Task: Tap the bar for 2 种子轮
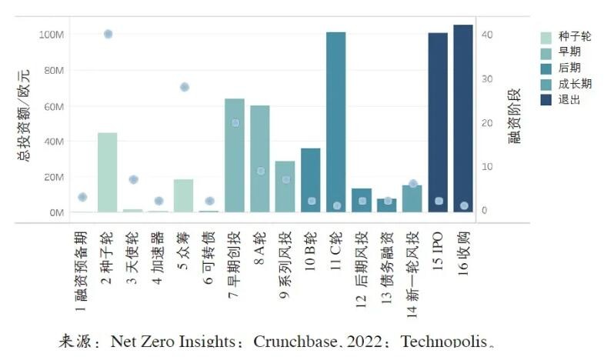(x=108, y=172)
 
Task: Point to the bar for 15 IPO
(x=438, y=122)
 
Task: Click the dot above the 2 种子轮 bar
(x=108, y=34)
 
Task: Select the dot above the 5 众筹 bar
(x=184, y=87)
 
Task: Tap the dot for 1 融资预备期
(x=82, y=197)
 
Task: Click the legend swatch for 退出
(x=546, y=100)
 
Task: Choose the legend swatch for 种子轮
(x=546, y=37)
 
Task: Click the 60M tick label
(x=53, y=105)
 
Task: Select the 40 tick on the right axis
(x=487, y=35)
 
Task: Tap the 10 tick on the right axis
(x=487, y=166)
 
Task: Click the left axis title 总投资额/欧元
(x=25, y=115)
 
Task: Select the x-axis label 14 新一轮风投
(x=412, y=274)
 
